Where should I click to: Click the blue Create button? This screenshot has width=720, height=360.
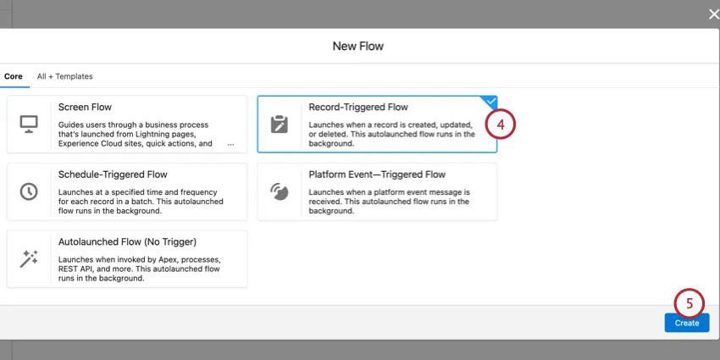click(x=686, y=323)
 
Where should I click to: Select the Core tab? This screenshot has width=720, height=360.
click(x=13, y=76)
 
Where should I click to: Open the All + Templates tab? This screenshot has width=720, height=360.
click(x=64, y=76)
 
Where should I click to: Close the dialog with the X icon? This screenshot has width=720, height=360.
click(x=712, y=14)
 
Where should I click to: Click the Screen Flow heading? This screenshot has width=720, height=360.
click(x=85, y=108)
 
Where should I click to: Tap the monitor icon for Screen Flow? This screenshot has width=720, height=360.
click(x=29, y=124)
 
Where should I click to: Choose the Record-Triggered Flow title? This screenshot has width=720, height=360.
click(x=358, y=108)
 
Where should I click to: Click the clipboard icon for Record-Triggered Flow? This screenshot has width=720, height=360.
click(x=279, y=124)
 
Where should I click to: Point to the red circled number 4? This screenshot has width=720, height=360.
click(x=500, y=125)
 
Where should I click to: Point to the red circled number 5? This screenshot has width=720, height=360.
click(x=689, y=302)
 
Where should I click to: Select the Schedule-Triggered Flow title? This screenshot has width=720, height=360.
click(x=113, y=174)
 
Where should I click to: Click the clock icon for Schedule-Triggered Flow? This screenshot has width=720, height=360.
click(x=29, y=191)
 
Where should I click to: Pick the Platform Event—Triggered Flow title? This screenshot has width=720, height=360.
click(x=377, y=174)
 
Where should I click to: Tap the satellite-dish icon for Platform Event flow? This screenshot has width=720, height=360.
click(x=279, y=191)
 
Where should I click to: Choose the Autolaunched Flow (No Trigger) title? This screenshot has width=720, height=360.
click(x=127, y=241)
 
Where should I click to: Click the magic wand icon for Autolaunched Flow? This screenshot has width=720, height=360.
click(x=29, y=258)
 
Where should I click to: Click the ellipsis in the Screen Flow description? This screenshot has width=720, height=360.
click(x=230, y=144)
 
